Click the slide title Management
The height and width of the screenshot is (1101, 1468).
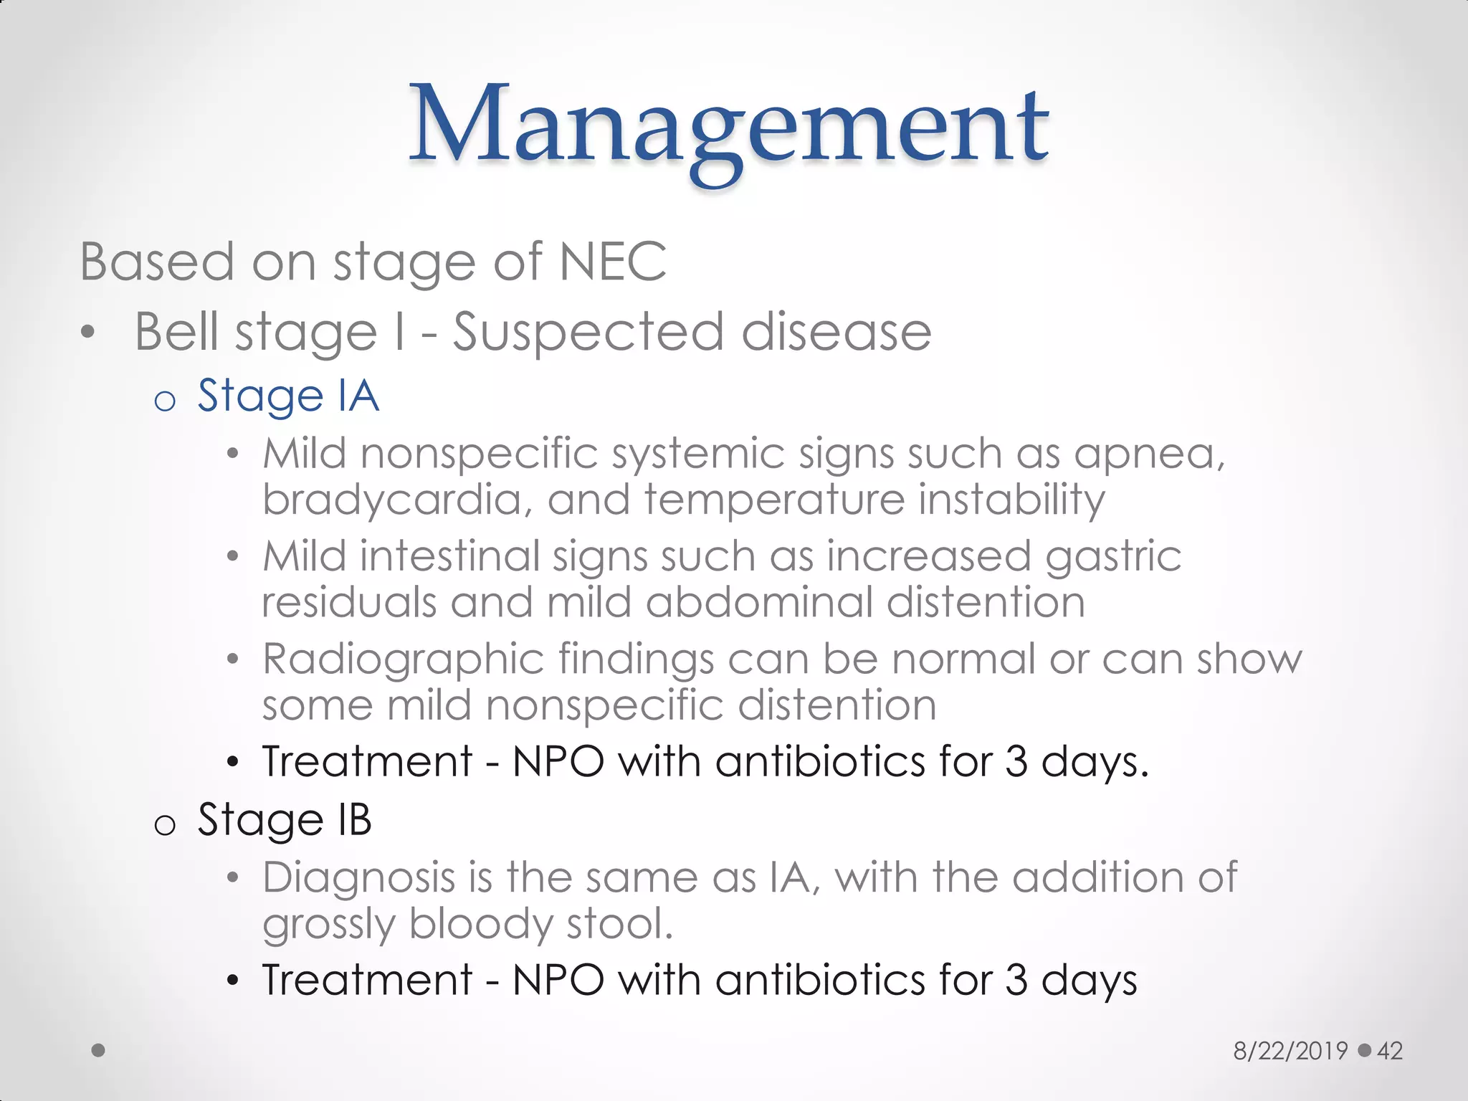tap(729, 125)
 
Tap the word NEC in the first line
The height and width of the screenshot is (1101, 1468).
tap(613, 262)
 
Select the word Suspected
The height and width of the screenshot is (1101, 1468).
tap(588, 333)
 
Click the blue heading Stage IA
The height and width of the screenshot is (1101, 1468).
tap(288, 396)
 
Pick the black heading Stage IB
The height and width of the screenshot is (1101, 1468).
tap(285, 819)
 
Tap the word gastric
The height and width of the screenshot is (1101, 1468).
tap(1112, 557)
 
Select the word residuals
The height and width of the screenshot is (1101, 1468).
tap(349, 602)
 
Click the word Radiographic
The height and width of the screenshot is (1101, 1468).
tap(403, 659)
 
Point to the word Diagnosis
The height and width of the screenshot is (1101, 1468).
tap(358, 877)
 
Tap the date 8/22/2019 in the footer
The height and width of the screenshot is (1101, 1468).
tap(1290, 1051)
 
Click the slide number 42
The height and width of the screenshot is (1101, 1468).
tap(1390, 1051)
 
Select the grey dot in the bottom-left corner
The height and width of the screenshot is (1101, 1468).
tap(98, 1050)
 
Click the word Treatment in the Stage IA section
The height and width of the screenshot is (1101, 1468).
tap(367, 761)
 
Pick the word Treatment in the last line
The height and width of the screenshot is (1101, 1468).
tap(367, 980)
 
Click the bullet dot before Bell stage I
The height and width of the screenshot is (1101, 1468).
tap(87, 333)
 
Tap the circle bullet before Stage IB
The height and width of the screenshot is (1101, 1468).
tap(165, 825)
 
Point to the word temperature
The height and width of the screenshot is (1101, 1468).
tap(774, 500)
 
